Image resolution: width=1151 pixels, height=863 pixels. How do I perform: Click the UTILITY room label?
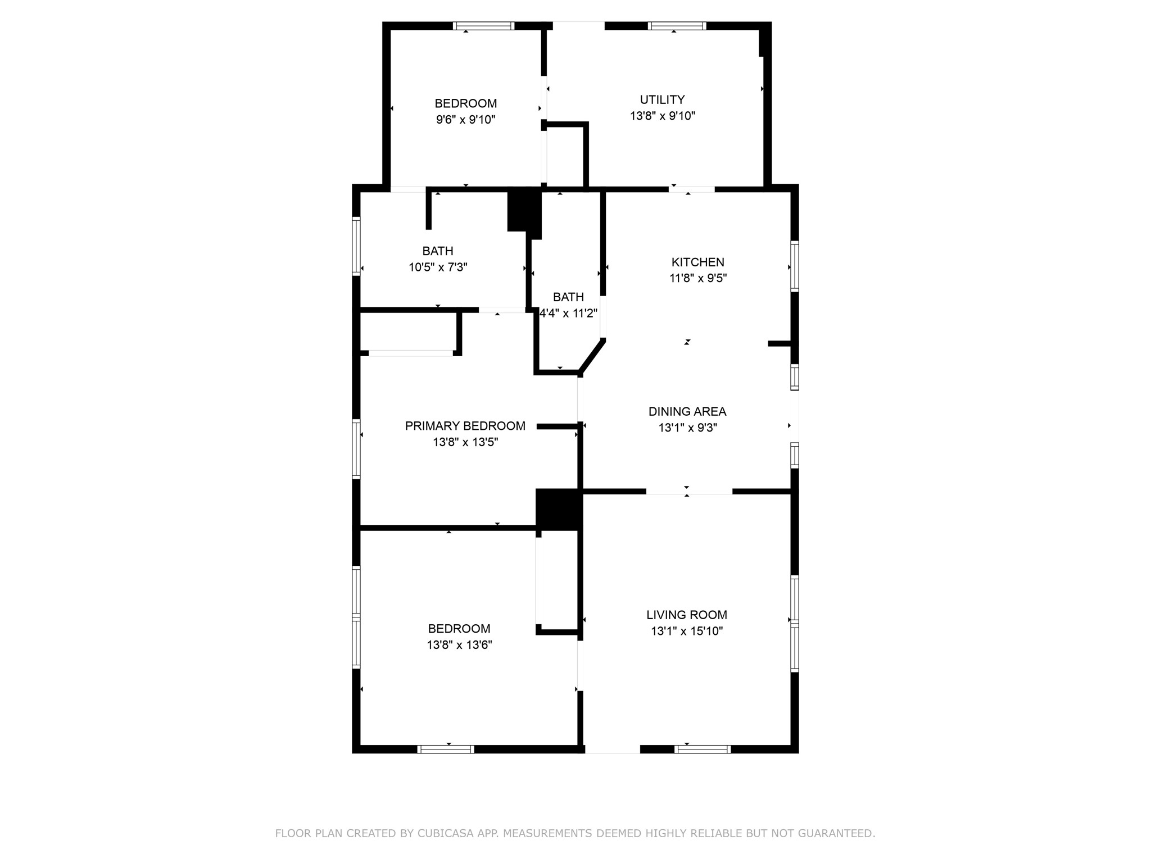(x=662, y=99)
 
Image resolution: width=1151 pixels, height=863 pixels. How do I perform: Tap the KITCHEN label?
(x=697, y=262)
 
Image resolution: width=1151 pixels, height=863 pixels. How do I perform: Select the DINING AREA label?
(x=687, y=411)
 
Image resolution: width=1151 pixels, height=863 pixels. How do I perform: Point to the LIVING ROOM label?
(x=687, y=615)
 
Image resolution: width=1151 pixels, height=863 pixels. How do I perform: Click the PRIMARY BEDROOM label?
(x=465, y=426)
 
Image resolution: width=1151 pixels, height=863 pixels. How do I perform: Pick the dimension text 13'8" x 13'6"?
(x=459, y=644)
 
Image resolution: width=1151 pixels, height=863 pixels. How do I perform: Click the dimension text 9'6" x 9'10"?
(x=465, y=120)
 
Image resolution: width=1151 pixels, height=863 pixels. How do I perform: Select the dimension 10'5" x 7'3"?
(x=438, y=267)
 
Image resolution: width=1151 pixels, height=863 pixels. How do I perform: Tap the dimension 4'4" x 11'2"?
(x=568, y=313)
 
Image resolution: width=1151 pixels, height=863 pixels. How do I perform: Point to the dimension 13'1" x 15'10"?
(x=687, y=631)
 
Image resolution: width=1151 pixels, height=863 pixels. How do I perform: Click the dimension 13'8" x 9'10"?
(x=663, y=116)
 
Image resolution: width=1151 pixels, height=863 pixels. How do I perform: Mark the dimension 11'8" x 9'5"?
(x=698, y=278)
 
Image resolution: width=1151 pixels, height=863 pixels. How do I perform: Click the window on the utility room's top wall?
(x=677, y=26)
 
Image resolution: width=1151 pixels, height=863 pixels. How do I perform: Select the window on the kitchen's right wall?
(x=795, y=266)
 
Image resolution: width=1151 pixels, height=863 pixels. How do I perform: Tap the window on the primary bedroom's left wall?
(x=356, y=449)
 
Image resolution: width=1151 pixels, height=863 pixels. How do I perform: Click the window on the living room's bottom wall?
(x=703, y=749)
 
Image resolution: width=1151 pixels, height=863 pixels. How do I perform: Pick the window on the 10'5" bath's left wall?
(x=356, y=246)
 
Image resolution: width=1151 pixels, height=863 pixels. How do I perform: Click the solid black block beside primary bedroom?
(x=558, y=510)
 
